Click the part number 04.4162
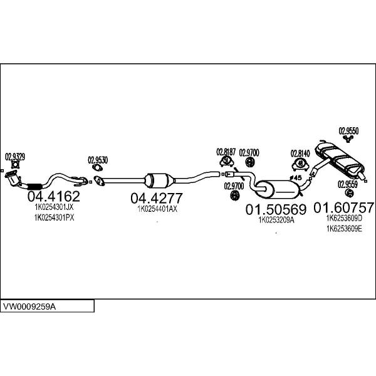pos(54,196)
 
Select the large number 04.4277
pos(156,198)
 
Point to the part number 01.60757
pos(343,207)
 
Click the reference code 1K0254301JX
pos(54,207)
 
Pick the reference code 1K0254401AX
pos(157,209)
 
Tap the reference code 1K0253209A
pos(276,220)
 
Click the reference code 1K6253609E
pos(344,229)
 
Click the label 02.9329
pos(15,157)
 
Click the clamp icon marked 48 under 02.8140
pos(300,165)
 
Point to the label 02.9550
pos(348,131)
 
